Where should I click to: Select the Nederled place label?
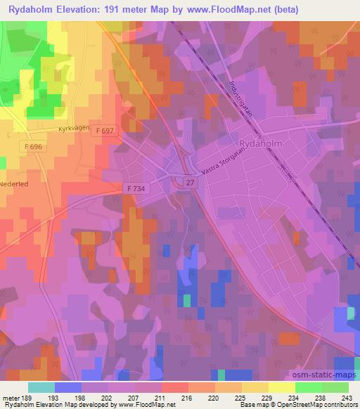[x=15, y=182]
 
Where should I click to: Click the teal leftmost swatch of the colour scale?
[x=41, y=387]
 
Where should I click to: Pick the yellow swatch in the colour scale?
[x=282, y=387]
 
